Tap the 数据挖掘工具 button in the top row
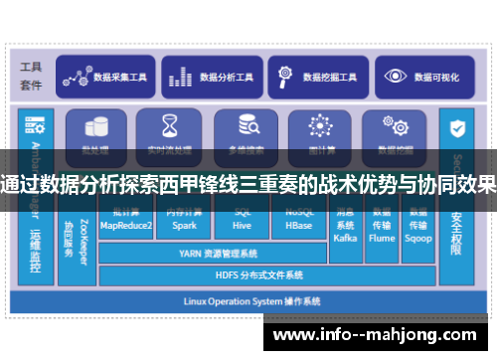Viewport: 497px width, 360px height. point(319,76)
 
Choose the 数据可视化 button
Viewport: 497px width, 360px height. point(426,76)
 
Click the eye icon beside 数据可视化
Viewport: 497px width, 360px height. point(397,76)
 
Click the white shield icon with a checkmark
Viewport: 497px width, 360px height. point(457,128)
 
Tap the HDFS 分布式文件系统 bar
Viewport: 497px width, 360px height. point(259,274)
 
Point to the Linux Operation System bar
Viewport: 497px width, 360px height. point(248,299)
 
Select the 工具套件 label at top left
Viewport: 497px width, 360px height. point(31,76)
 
